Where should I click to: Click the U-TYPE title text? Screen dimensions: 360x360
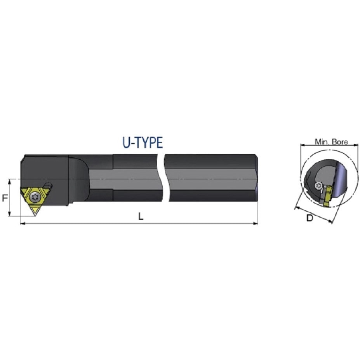143,143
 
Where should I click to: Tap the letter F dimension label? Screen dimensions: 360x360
5,198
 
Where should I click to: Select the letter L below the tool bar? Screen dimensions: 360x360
141,216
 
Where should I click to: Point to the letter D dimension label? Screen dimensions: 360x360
310,218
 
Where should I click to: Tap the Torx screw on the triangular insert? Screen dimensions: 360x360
35,197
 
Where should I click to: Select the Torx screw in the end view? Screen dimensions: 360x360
318,186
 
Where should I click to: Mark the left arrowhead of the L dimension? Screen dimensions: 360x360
23,223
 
